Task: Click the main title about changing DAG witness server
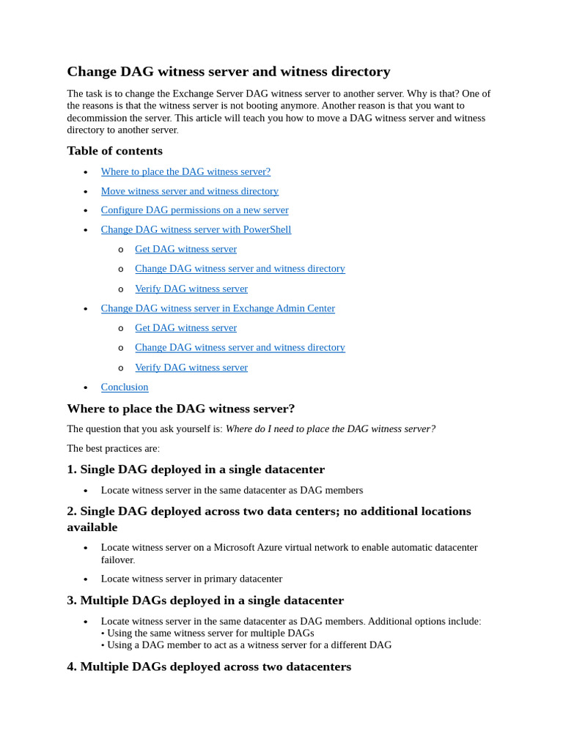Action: click(228, 71)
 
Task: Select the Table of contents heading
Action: click(114, 151)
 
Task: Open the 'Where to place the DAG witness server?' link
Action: click(185, 171)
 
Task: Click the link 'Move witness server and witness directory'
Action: click(189, 191)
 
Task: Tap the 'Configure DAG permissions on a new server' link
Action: click(194, 210)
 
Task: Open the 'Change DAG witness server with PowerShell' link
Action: click(196, 229)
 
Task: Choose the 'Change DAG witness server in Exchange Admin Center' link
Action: click(218, 308)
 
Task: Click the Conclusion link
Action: click(125, 387)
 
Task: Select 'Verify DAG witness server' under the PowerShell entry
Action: click(191, 289)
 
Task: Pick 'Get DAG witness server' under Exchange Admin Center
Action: click(185, 327)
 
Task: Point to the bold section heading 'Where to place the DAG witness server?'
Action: click(180, 409)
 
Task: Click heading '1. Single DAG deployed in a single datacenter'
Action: click(196, 469)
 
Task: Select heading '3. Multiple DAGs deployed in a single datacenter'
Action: click(205, 601)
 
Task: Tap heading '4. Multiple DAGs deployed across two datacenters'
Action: click(209, 667)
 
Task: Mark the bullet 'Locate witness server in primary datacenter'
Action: click(191, 579)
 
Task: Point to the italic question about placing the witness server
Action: click(330, 428)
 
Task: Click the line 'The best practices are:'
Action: click(113, 448)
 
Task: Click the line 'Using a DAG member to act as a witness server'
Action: click(249, 645)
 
